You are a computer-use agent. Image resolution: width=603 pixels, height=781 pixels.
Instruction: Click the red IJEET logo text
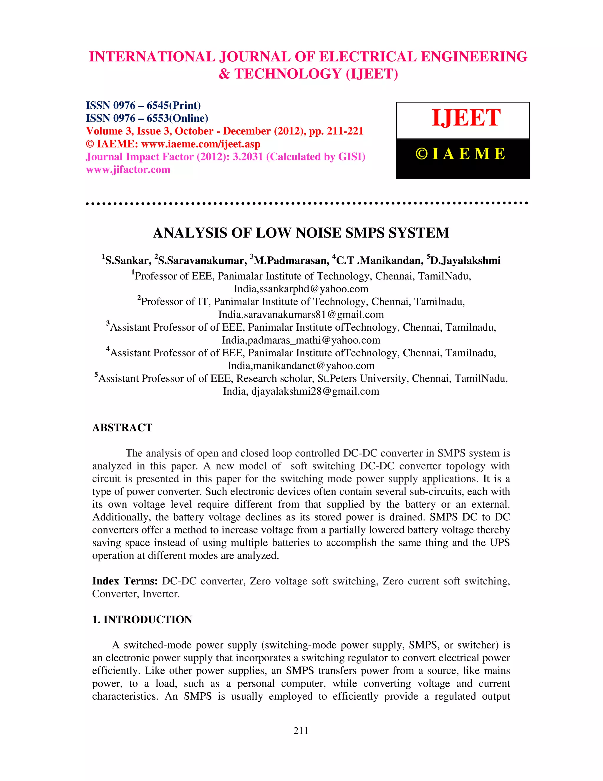click(466, 118)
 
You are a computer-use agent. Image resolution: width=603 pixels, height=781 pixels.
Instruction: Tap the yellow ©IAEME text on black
click(461, 154)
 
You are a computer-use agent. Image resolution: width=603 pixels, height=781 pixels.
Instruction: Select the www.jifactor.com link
click(128, 169)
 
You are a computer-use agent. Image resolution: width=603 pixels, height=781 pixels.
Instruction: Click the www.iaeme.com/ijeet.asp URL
click(201, 144)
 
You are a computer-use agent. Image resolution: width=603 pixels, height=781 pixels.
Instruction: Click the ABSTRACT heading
click(122, 428)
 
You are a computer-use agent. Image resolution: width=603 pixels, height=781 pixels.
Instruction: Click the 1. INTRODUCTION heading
click(142, 619)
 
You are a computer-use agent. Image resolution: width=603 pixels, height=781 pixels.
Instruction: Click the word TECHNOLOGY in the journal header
click(288, 74)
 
